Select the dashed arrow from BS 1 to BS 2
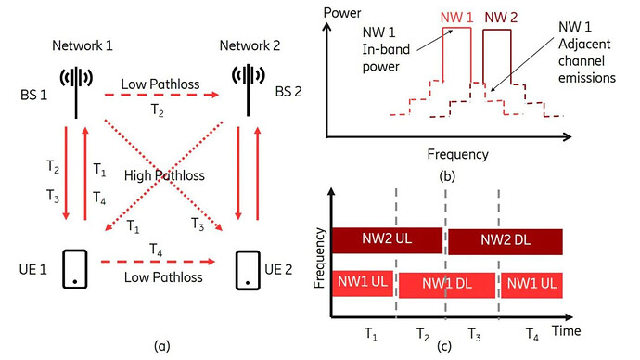click(163, 93)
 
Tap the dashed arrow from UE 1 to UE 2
click(163, 276)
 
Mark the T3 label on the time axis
click(473, 331)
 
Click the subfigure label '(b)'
click(455, 173)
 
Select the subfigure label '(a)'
click(161, 346)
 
